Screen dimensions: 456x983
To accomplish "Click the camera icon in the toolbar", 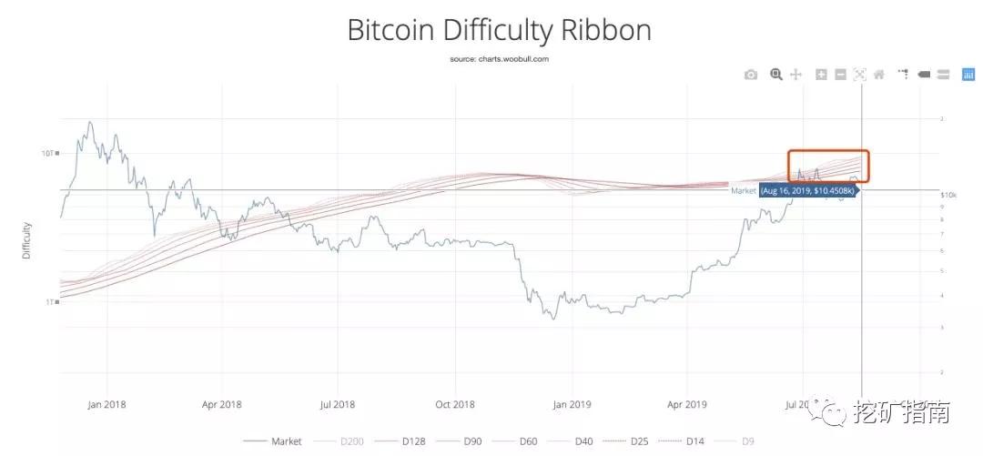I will click(751, 75).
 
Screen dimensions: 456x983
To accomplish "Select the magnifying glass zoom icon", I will click(776, 75).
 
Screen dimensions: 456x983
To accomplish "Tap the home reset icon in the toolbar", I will click(879, 75).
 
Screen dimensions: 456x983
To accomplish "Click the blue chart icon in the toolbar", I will click(968, 75).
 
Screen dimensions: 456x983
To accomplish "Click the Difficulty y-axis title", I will click(27, 239).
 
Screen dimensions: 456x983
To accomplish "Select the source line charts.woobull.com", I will click(499, 58).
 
